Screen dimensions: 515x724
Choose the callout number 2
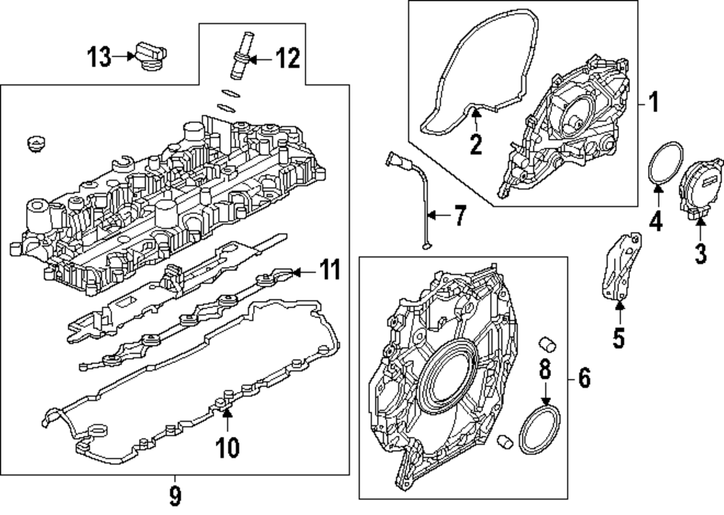[x=475, y=143]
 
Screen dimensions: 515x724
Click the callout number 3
[x=699, y=253]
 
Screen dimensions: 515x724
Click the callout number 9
[x=174, y=496]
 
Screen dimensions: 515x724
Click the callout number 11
[x=329, y=272]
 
